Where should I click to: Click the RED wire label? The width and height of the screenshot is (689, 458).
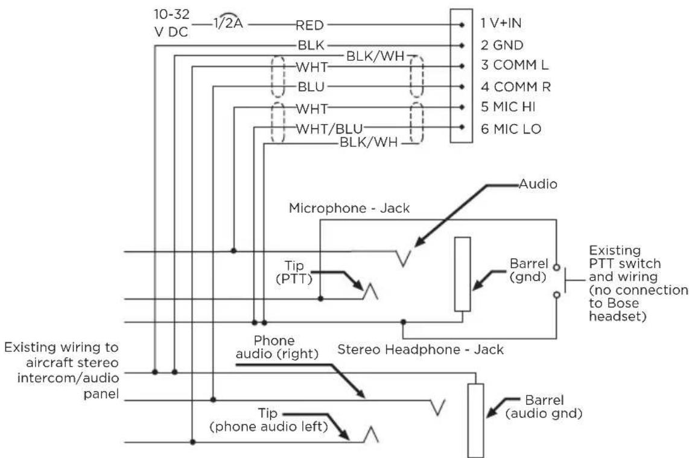pos(310,25)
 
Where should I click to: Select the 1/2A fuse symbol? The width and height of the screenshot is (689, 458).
pos(228,21)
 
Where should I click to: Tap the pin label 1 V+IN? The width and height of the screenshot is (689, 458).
pos(501,23)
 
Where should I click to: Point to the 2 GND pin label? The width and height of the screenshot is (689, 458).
pos(502,45)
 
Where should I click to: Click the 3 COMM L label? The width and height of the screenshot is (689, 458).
pos(515,65)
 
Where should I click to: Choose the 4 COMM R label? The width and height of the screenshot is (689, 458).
pos(515,86)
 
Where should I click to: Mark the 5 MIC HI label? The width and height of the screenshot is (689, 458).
pos(508,107)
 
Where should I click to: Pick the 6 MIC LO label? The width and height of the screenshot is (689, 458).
pos(510,128)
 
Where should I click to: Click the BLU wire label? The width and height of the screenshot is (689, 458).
pos(311,87)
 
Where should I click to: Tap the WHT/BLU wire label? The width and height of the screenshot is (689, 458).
pos(329,128)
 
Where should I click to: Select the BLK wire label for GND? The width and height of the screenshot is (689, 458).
pos(311,45)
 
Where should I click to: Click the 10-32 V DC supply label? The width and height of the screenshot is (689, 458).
pos(171,23)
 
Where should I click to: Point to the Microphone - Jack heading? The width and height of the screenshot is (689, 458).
pos(349,208)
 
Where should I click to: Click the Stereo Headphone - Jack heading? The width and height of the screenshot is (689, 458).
pos(421,350)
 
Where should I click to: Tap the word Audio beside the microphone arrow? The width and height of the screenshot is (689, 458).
pos(538,184)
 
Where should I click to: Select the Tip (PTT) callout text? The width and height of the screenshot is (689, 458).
pos(294,272)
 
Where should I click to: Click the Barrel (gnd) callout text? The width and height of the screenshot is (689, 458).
pos(529,270)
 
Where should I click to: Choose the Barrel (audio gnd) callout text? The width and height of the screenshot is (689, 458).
pos(544,407)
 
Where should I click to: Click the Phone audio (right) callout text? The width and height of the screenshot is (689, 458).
pos(277,347)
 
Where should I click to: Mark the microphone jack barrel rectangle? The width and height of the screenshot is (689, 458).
pos(462,274)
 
